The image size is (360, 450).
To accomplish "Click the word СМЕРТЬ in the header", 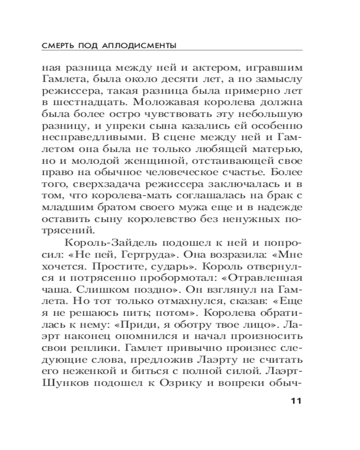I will tap(59, 46).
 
